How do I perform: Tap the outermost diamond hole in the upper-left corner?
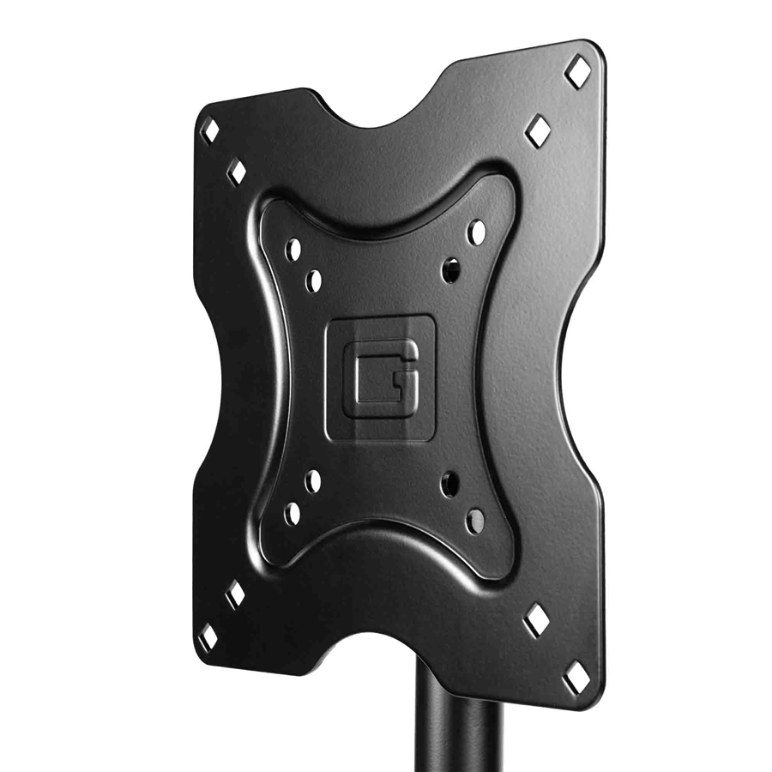click(208, 130)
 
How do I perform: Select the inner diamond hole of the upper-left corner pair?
click(236, 172)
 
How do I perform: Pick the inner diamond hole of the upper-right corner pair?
click(538, 130)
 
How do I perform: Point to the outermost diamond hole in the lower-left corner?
click(207, 637)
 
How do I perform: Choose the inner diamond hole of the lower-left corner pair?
click(234, 594)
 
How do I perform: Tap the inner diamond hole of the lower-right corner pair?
click(537, 618)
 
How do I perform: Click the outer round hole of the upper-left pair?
click(293, 250)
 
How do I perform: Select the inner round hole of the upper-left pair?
click(313, 279)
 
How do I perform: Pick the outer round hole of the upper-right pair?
click(476, 232)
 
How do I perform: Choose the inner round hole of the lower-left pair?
click(312, 481)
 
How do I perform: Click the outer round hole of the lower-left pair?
click(293, 513)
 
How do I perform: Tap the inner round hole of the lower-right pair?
click(449, 485)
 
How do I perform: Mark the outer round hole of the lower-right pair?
click(474, 520)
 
